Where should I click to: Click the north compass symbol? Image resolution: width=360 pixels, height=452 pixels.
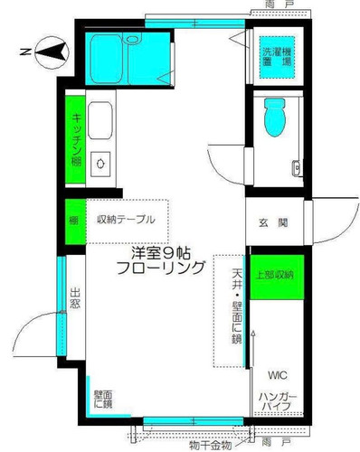(52, 52)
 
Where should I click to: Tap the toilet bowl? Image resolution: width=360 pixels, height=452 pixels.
(275, 117)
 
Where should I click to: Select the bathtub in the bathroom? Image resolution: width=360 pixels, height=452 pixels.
(107, 59)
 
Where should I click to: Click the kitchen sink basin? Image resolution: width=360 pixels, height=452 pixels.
(100, 120)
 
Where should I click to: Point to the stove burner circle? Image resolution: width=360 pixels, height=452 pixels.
(100, 164)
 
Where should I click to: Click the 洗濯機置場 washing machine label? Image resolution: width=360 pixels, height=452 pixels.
(277, 57)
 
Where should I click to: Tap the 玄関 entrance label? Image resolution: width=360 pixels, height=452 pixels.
(273, 223)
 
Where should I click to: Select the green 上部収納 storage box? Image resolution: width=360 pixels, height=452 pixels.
(277, 278)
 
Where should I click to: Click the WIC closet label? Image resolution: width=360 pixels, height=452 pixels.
(278, 375)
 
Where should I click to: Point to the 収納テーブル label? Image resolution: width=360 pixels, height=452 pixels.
(126, 220)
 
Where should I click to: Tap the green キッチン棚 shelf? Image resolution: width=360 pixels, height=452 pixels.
(75, 139)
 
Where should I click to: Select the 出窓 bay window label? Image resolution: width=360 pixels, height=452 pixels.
(75, 298)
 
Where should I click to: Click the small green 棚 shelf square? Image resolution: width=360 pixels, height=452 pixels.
(76, 221)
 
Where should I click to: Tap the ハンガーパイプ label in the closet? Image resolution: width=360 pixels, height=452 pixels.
(278, 401)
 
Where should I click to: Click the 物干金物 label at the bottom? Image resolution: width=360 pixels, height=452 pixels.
(211, 445)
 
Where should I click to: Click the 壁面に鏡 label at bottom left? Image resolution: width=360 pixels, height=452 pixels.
(103, 400)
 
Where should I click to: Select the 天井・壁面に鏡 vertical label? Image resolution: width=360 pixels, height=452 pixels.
(237, 306)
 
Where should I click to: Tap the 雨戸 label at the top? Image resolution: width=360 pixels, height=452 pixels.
(277, 5)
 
